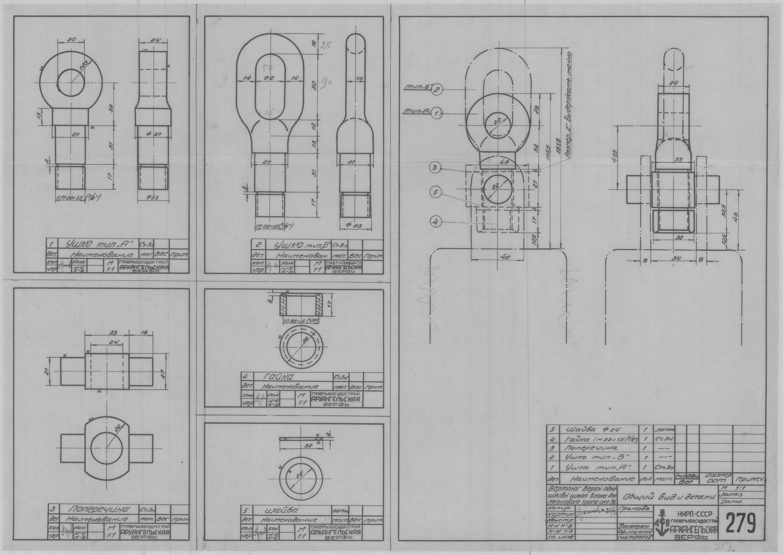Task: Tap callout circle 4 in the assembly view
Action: point(435,222)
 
